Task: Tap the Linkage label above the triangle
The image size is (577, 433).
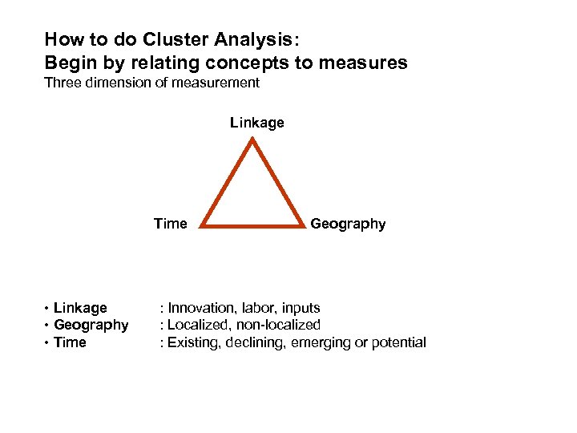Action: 256,123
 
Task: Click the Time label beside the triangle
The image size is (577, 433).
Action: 170,224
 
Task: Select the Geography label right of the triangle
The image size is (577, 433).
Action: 348,224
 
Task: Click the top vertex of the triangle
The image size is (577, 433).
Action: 253,141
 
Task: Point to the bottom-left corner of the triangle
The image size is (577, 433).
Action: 202,226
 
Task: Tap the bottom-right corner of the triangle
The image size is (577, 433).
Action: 304,226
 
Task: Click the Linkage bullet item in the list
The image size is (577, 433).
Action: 80,308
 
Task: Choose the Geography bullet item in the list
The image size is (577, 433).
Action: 91,325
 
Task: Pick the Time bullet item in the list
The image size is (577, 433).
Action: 70,342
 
